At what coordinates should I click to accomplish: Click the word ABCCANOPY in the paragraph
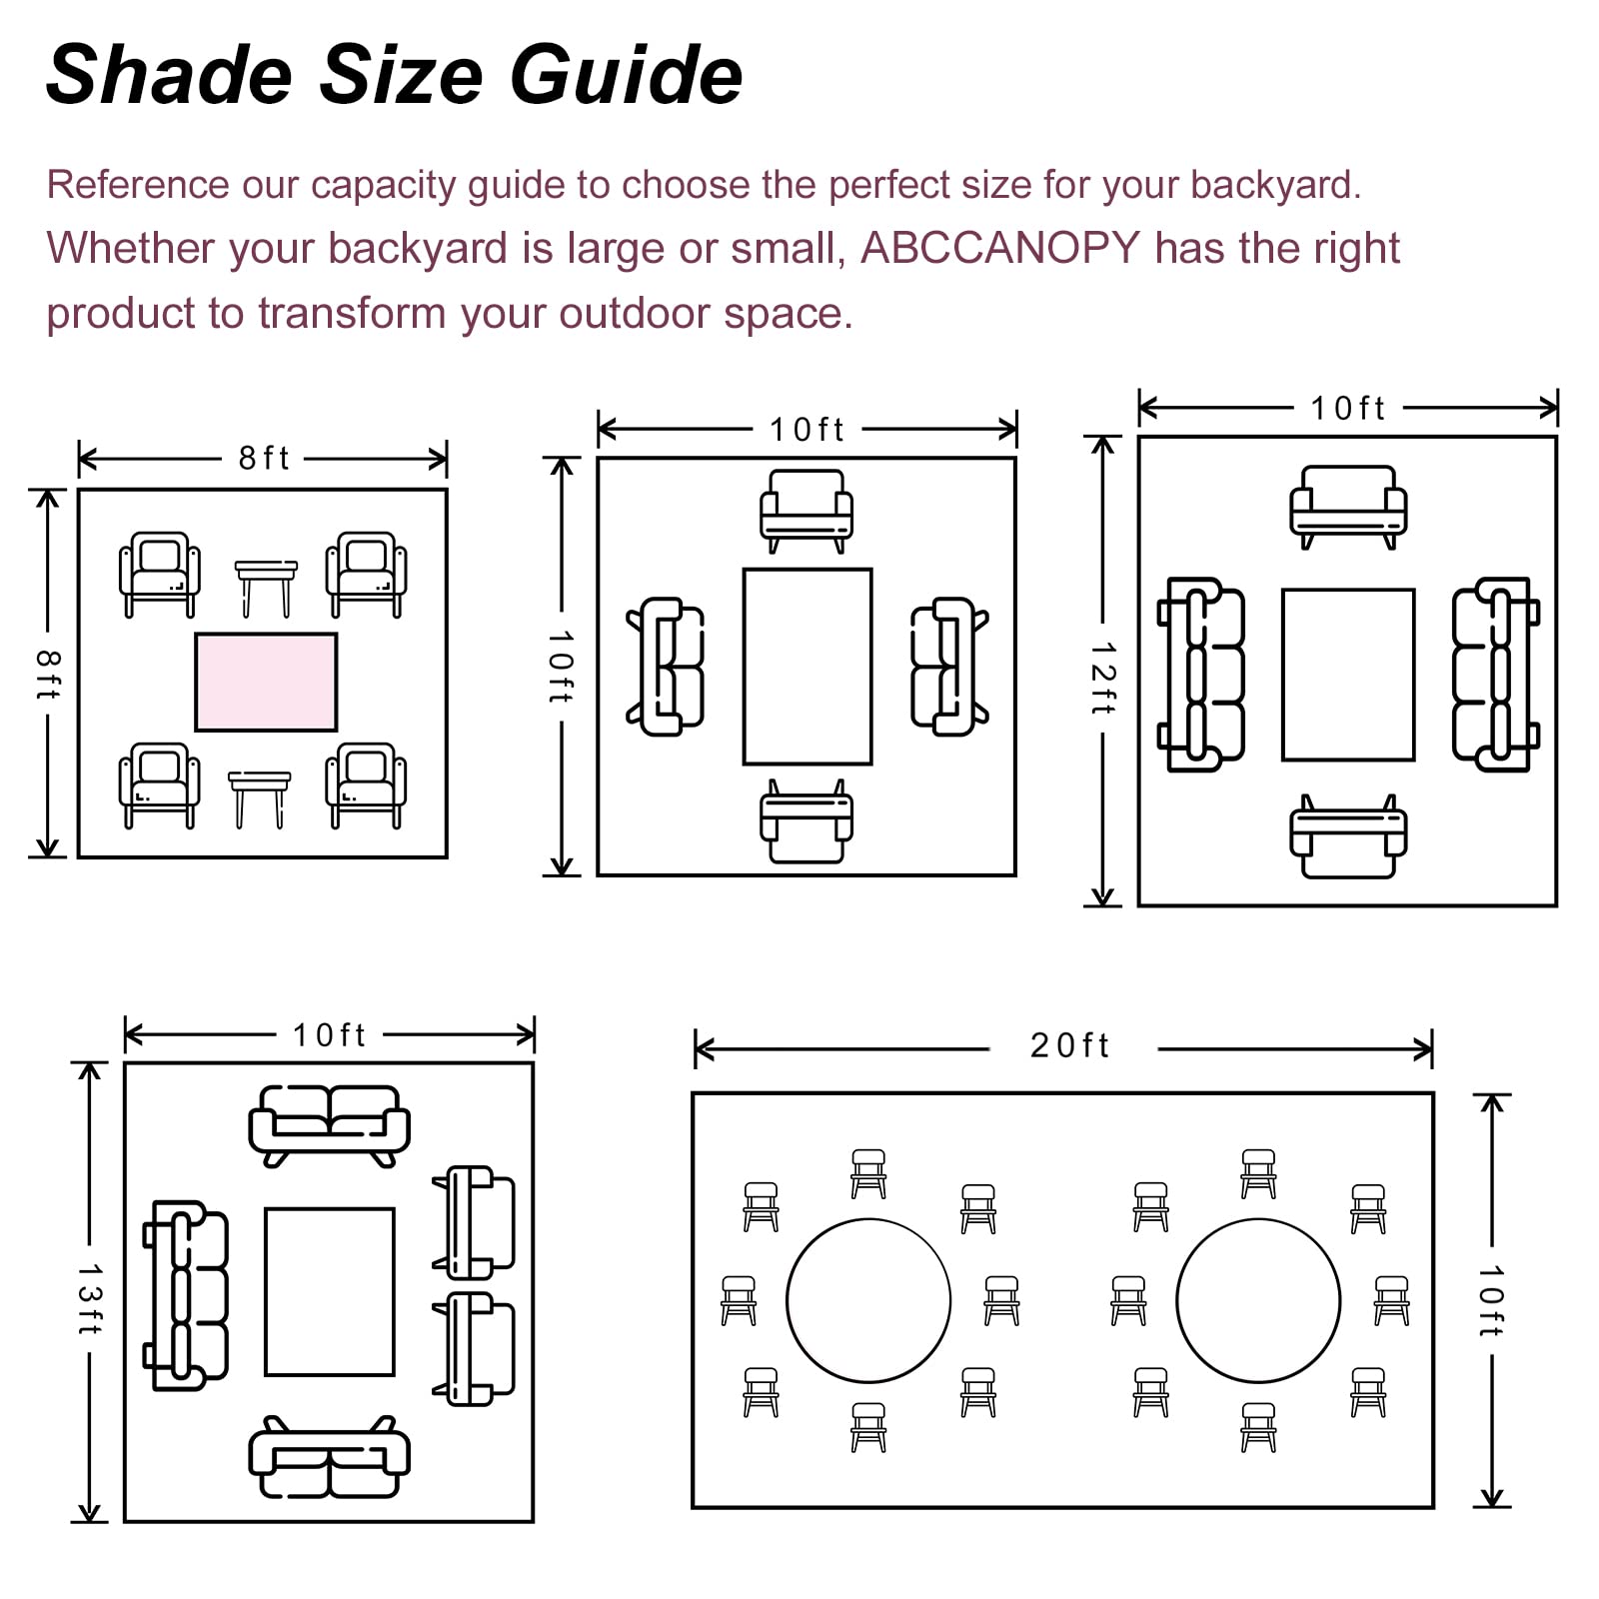coord(1000,248)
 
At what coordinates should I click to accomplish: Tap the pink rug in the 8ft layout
coord(266,682)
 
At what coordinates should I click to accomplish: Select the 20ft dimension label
coord(1069,1045)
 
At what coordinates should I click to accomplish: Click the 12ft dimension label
coord(1102,678)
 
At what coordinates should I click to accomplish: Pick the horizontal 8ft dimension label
coord(263,458)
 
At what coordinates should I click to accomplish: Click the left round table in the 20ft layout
coord(868,1300)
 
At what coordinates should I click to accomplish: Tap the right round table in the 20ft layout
coord(1258,1300)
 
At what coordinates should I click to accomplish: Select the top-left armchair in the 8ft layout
coord(160,574)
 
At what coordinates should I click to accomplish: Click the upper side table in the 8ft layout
coord(266,588)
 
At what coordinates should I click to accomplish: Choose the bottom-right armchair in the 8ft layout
coord(366,785)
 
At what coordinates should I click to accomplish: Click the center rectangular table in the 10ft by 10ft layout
coord(807,667)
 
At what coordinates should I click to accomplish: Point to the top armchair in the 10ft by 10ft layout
coord(806,511)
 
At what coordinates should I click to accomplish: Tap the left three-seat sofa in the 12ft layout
coord(1201,675)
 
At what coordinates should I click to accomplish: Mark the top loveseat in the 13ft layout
coord(329,1125)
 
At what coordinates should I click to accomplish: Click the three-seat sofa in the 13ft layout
coord(187,1296)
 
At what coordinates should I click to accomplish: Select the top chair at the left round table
coord(868,1173)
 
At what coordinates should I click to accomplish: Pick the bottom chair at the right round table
coord(1258,1427)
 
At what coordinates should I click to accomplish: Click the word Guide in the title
coord(627,75)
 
